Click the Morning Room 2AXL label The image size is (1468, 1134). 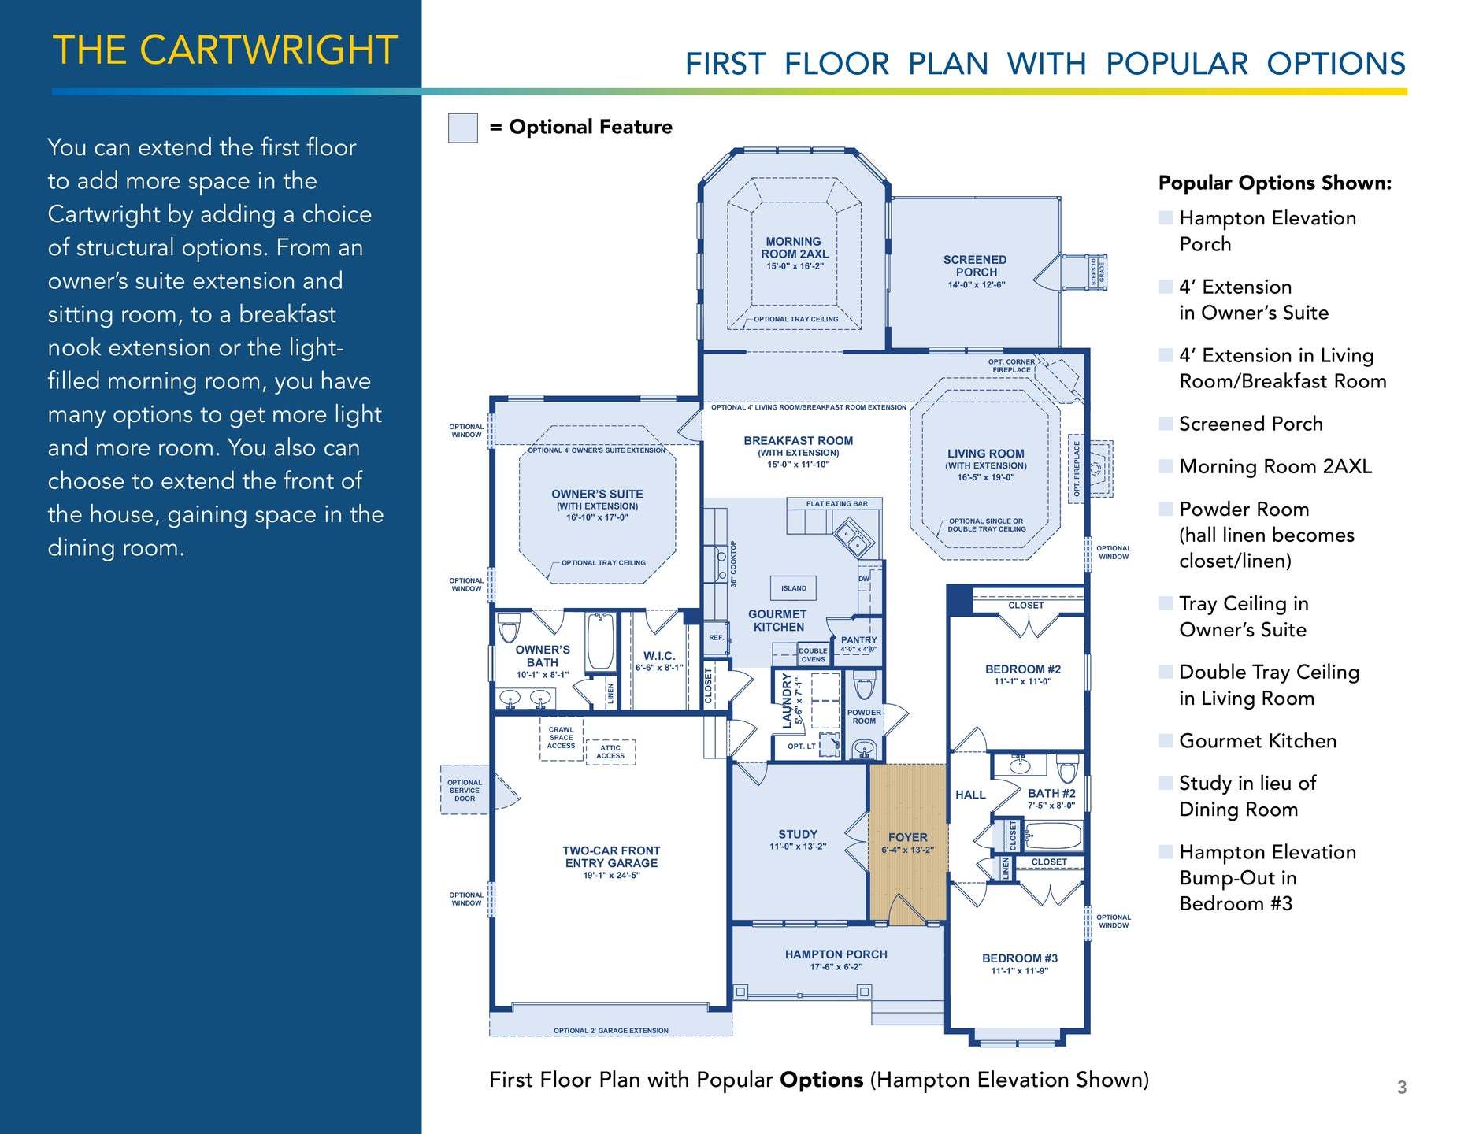pyautogui.click(x=795, y=248)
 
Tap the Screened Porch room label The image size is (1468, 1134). pyautogui.click(x=976, y=266)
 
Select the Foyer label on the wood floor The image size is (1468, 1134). pyautogui.click(x=908, y=837)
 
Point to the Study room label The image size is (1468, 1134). pyautogui.click(x=798, y=834)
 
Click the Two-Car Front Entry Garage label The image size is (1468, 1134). pyautogui.click(x=611, y=857)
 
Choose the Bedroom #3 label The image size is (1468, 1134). pyautogui.click(x=1020, y=958)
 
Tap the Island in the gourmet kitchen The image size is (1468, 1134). pyautogui.click(x=794, y=588)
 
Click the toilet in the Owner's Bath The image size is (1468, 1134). pyautogui.click(x=510, y=627)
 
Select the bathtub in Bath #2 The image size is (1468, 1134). pyautogui.click(x=1054, y=835)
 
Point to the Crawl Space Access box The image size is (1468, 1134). pyautogui.click(x=562, y=739)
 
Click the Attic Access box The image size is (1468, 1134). pyautogui.click(x=610, y=752)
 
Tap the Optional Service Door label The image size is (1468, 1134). pyautogui.click(x=465, y=791)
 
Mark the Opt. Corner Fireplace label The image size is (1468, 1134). pyautogui.click(x=1011, y=366)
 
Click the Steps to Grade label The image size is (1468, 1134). pyautogui.click(x=1097, y=272)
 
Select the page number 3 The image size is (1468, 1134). pyautogui.click(x=1402, y=1088)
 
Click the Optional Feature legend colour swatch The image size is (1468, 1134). pyautogui.click(x=463, y=128)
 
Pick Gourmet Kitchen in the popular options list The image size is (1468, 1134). pyautogui.click(x=1258, y=741)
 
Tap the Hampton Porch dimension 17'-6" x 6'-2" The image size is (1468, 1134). pyautogui.click(x=836, y=967)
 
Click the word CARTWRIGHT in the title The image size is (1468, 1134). pyautogui.click(x=269, y=50)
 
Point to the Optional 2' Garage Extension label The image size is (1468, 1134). pyautogui.click(x=611, y=1031)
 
